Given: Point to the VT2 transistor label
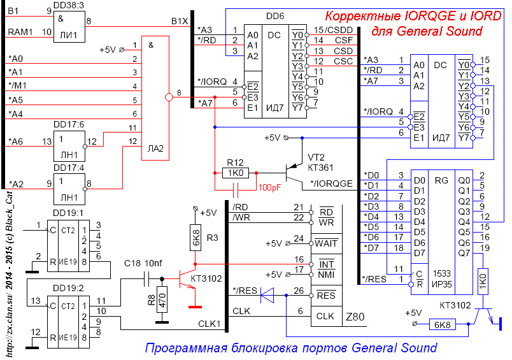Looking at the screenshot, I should click(x=317, y=157).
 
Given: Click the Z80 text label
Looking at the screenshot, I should click(x=355, y=317).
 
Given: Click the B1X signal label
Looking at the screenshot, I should click(x=180, y=21).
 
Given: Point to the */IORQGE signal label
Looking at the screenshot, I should click(x=331, y=184).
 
